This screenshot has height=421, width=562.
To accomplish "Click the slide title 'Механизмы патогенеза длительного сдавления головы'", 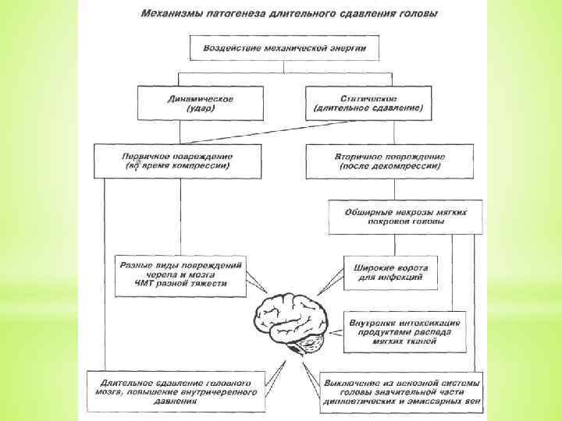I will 288,14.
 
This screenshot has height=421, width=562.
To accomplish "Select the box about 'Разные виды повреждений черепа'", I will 180,274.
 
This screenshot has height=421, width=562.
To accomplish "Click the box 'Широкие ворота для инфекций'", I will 391,272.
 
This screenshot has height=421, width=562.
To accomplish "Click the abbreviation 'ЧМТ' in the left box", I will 146,284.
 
